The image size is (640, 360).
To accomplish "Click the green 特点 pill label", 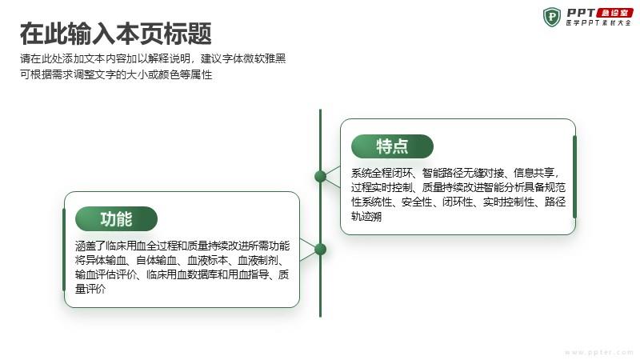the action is click(x=392, y=146).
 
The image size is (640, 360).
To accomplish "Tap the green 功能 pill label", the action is click(x=116, y=218).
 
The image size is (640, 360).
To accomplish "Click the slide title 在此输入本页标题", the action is click(x=116, y=34).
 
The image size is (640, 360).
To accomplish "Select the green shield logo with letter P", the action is click(x=552, y=17).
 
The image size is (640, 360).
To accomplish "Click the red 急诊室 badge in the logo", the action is click(x=614, y=13).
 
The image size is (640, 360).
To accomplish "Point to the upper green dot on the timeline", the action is click(x=321, y=176).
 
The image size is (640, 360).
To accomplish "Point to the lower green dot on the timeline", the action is click(x=321, y=249).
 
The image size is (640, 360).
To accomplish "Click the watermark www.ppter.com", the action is click(x=598, y=352).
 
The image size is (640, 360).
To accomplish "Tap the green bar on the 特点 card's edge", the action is click(x=574, y=177).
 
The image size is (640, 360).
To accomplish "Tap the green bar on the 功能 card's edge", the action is click(x=64, y=250).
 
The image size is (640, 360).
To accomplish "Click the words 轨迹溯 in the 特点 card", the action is click(x=366, y=216).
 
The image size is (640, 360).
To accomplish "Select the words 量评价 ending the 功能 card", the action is click(x=90, y=289).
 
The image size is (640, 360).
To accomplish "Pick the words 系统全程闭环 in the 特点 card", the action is click(x=382, y=173).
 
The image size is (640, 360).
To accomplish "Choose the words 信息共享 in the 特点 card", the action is click(x=534, y=173).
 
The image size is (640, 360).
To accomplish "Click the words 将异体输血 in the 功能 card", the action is click(x=101, y=260).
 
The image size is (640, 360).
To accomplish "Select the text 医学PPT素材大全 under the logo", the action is click(x=598, y=23).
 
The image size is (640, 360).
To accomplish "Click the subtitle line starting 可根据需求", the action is click(x=116, y=74).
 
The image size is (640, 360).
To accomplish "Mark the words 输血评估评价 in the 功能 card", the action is click(x=106, y=274).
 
